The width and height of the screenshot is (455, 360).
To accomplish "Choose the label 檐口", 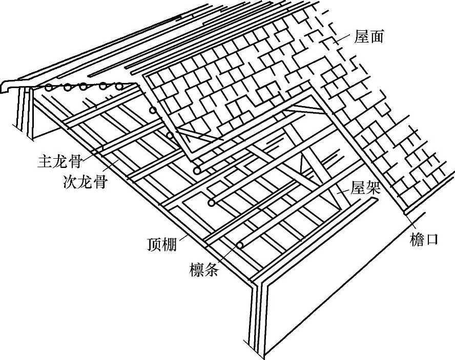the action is point(425,239).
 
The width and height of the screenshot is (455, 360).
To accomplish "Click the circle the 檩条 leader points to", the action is point(239,245).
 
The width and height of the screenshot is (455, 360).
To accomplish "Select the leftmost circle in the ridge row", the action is point(48,88).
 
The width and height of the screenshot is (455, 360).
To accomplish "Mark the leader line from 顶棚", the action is point(184,237).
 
